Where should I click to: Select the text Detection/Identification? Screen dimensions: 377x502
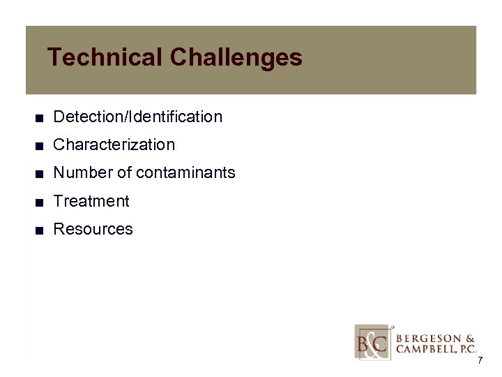137,117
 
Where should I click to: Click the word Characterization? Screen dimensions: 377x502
114,145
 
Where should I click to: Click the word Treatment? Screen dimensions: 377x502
91,201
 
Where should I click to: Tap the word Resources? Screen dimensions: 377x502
93,229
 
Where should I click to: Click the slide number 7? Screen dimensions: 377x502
480,360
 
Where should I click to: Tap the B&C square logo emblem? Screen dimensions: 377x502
373,341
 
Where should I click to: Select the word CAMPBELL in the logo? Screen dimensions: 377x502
423,349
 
